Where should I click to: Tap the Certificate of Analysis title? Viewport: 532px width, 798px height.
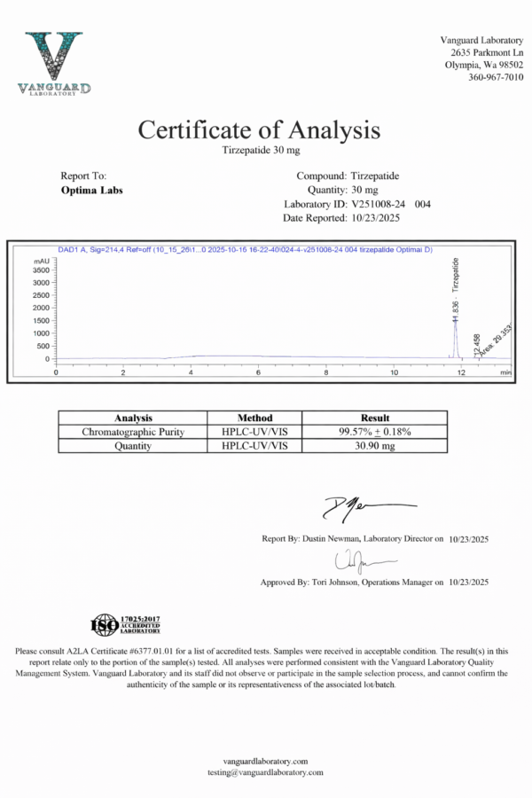pos(259,130)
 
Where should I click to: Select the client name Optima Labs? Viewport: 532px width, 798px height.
pos(92,191)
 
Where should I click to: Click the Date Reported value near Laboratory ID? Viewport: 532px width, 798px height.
pos(379,218)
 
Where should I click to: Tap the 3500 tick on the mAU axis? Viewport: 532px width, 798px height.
pos(42,270)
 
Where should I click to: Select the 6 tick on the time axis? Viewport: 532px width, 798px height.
pos(259,372)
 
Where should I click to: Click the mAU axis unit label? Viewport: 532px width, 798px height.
pos(41,262)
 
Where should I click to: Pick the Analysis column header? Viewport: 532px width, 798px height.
pos(133,418)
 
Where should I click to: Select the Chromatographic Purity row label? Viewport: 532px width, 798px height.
pos(133,432)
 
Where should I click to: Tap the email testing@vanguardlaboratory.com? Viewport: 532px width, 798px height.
pos(266,772)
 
